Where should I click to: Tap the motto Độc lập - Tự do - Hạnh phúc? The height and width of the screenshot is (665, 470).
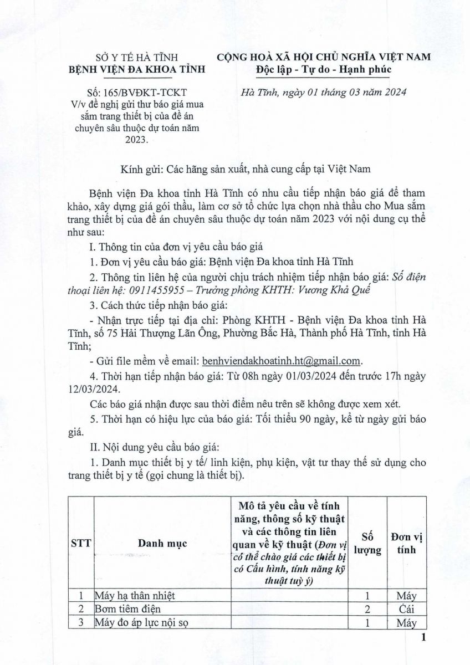pos(324,69)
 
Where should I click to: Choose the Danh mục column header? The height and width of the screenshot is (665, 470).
pos(162,544)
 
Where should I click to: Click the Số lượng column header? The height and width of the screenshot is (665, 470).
pos(368,544)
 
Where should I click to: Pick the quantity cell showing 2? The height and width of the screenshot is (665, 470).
pos(368,610)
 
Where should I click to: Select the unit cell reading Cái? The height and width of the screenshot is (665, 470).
pos(407,610)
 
